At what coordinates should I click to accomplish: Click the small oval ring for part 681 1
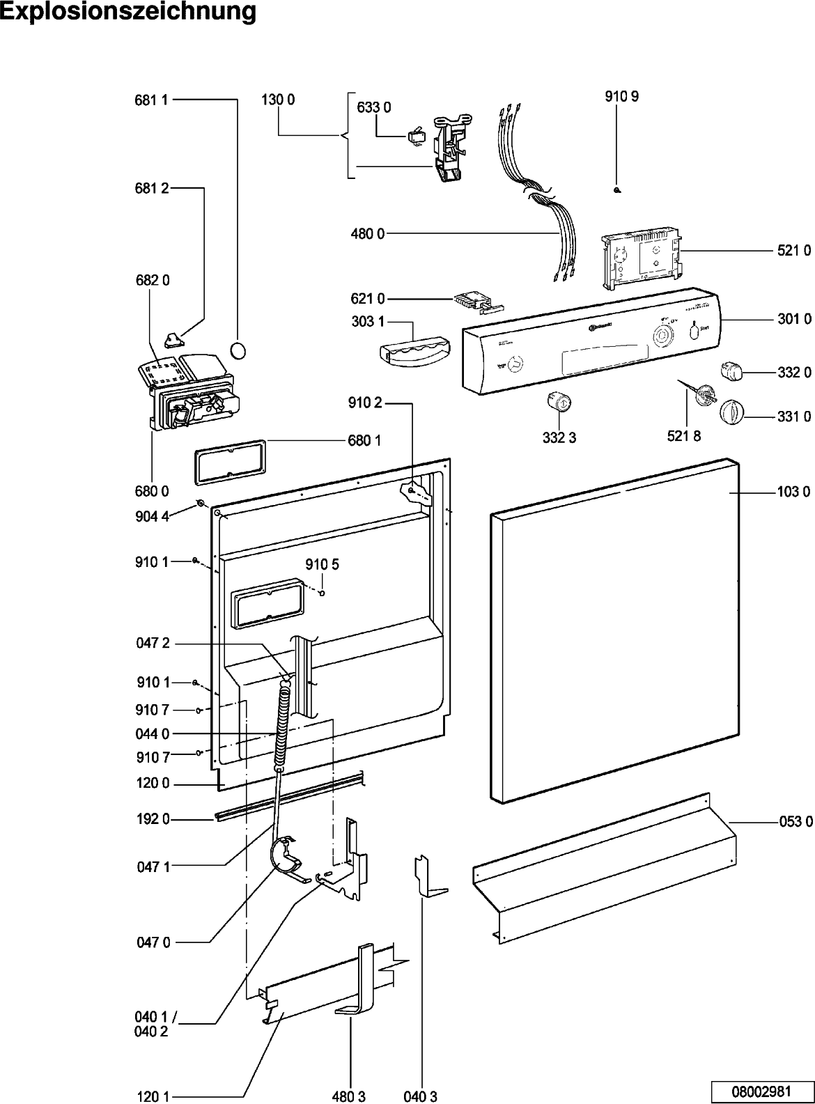pyautogui.click(x=238, y=350)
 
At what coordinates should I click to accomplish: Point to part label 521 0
pyautogui.click(x=794, y=251)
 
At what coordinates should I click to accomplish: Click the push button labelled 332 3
pyautogui.click(x=560, y=402)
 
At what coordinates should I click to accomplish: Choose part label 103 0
pyautogui.click(x=794, y=492)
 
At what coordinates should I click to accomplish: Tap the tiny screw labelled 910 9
pyautogui.click(x=618, y=190)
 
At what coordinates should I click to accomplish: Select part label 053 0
pyautogui.click(x=795, y=822)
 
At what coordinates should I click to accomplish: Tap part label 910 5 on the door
pyautogui.click(x=322, y=564)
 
